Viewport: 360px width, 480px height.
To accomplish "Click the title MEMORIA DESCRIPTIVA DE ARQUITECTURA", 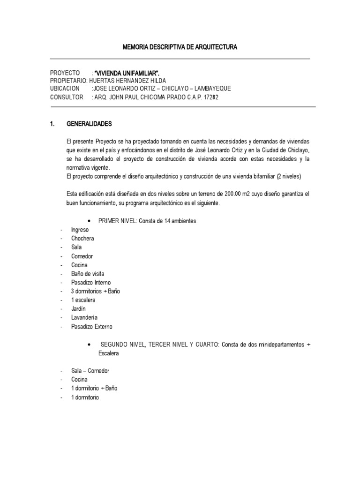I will coord(180,47).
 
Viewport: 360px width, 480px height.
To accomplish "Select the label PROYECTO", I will coord(65,73).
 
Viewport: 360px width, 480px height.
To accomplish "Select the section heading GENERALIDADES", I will coord(90,124).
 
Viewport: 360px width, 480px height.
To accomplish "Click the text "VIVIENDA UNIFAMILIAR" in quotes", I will coord(130,73).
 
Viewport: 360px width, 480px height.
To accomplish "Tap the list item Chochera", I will coord(82,239).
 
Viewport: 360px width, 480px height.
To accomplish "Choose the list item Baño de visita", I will coord(88,274).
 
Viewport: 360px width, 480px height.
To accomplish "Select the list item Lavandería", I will coord(85,318).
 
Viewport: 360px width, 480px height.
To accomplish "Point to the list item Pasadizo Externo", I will coord(92,327).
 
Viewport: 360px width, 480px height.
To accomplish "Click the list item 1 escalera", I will coord(83,300).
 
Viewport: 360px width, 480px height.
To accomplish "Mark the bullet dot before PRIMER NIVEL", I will coord(89,221).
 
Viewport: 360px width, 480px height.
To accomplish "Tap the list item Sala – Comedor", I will coord(90,371).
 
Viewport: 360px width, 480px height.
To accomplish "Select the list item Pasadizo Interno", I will coord(90,283).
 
